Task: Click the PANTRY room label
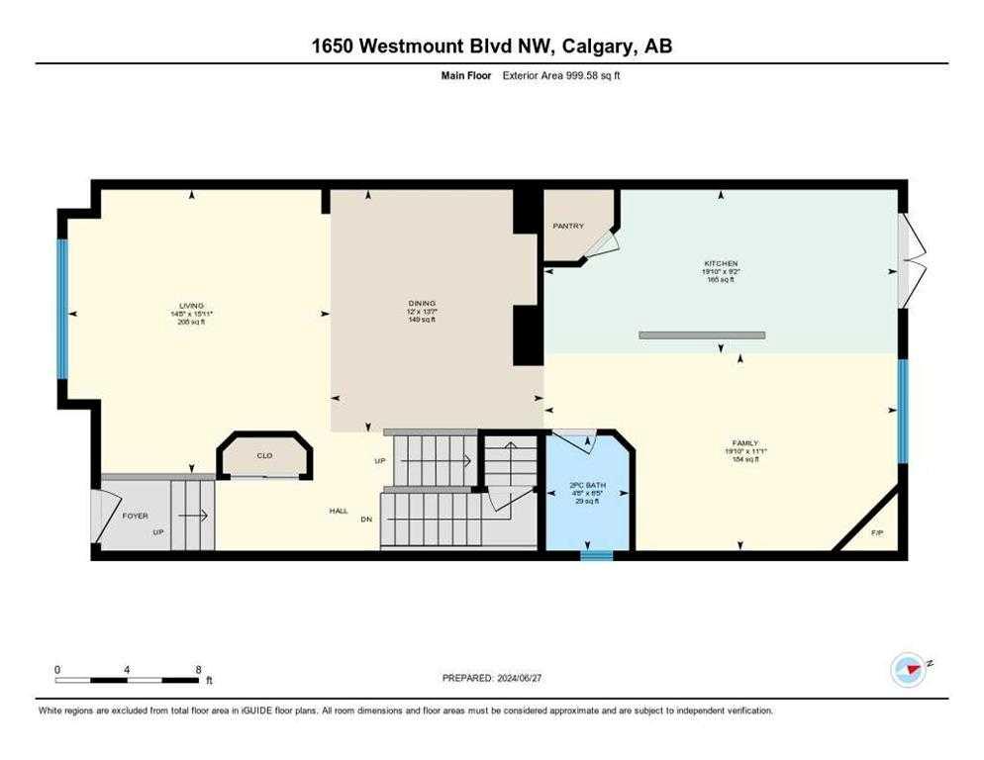pyautogui.click(x=567, y=226)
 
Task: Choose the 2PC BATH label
pyautogui.click(x=587, y=485)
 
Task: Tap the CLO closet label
pyautogui.click(x=264, y=456)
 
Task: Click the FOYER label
pyautogui.click(x=135, y=516)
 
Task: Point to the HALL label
pyautogui.click(x=339, y=511)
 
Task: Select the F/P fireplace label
pyautogui.click(x=876, y=534)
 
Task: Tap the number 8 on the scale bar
pyautogui.click(x=199, y=669)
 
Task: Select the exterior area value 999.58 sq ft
pyautogui.click(x=579, y=75)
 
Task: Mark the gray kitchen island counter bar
pyautogui.click(x=702, y=335)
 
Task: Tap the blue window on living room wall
pyautogui.click(x=61, y=310)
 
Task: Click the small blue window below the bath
pyautogui.click(x=596, y=556)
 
